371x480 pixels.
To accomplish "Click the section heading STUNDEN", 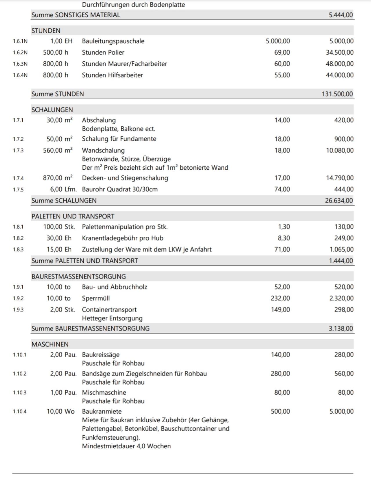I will (46, 31).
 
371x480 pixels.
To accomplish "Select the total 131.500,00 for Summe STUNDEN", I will (337, 94).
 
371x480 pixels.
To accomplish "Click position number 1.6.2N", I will (20, 52).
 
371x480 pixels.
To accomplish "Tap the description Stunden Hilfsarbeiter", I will (112, 75).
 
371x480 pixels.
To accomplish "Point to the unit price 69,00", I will (282, 52).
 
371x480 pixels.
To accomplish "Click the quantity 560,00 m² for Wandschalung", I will (58, 150).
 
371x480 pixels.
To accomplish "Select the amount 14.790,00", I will (340, 178).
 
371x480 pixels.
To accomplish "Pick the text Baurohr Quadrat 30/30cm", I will (120, 189).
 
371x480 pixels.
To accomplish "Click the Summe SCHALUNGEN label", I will (64, 201).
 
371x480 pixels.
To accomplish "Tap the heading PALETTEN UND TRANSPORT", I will (73, 216).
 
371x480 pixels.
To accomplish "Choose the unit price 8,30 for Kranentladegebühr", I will (284, 238).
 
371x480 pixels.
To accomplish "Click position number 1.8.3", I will (18, 249).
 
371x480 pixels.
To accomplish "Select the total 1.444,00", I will (341, 261).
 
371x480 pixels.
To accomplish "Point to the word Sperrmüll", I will (96, 298).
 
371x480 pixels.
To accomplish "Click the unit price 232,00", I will (280, 298).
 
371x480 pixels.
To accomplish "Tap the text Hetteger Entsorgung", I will (112, 318).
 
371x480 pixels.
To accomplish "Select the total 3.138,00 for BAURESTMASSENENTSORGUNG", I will (341, 329).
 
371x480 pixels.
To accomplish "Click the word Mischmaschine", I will (104, 392).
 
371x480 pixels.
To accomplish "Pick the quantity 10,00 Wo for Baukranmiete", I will (61, 411).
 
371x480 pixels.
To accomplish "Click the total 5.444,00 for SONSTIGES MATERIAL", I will (341, 15).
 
